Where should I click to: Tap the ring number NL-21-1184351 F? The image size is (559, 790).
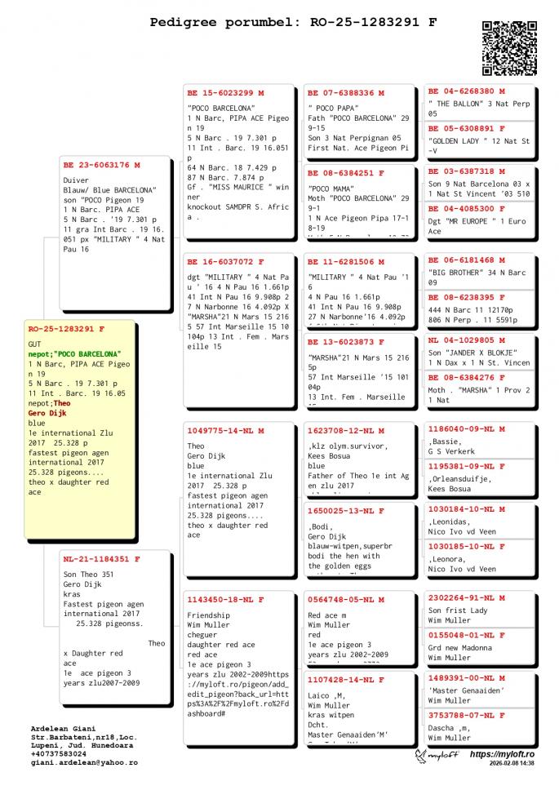pyautogui.click(x=101, y=560)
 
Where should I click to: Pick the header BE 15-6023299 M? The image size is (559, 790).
pyautogui.click(x=226, y=93)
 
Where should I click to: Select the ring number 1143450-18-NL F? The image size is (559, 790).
pyautogui.click(x=227, y=600)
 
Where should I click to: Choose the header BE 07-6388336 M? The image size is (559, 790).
pyautogui.click(x=346, y=93)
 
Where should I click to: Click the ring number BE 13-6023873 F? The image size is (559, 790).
pyautogui.click(x=346, y=342)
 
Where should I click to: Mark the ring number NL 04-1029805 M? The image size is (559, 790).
pyautogui.click(x=467, y=340)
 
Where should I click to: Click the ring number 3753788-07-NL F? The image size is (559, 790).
pyautogui.click(x=467, y=715)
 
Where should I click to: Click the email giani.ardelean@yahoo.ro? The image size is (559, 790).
pyautogui.click(x=84, y=762)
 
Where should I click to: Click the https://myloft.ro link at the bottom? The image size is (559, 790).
pyautogui.click(x=502, y=754)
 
